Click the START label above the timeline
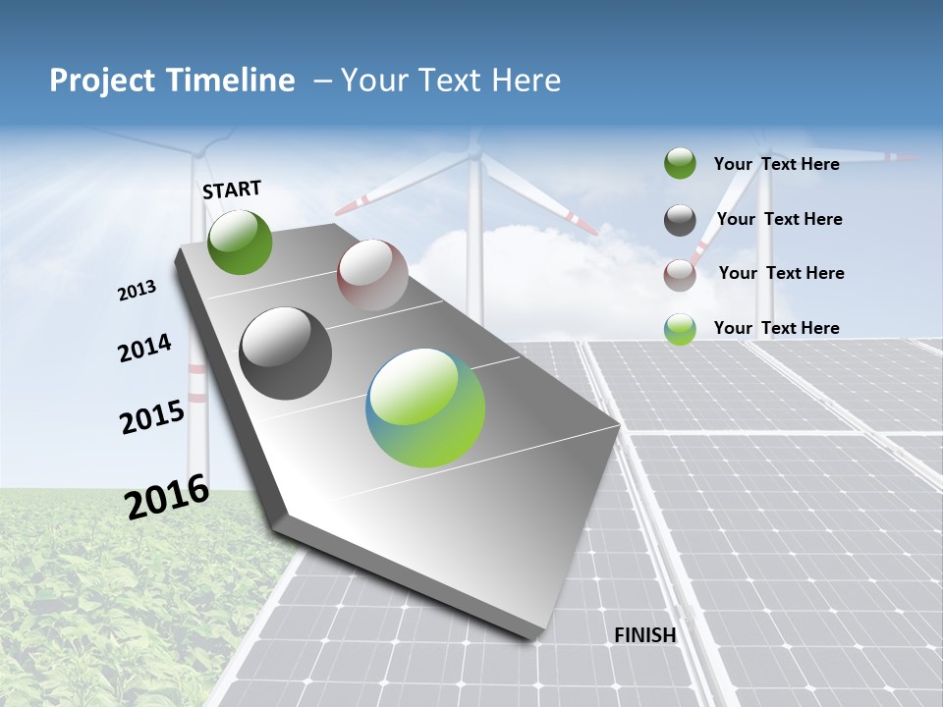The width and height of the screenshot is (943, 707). pyautogui.click(x=232, y=190)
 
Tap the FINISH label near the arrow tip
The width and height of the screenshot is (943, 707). pyautogui.click(x=645, y=635)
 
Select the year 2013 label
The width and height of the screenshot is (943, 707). pyautogui.click(x=138, y=291)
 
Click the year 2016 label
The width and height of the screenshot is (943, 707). pyautogui.click(x=167, y=496)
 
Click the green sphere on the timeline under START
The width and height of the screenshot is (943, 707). pyautogui.click(x=241, y=243)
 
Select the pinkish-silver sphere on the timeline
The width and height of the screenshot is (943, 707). pyautogui.click(x=372, y=275)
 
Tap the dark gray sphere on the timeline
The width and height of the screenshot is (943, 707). pyautogui.click(x=286, y=353)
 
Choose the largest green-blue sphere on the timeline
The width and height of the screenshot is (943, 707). pyautogui.click(x=426, y=408)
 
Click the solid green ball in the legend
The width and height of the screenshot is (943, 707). pyautogui.click(x=680, y=164)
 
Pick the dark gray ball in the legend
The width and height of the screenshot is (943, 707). pyautogui.click(x=680, y=220)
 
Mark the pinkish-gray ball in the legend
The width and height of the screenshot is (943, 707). pyautogui.click(x=680, y=275)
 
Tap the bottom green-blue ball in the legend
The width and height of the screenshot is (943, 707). pyautogui.click(x=680, y=329)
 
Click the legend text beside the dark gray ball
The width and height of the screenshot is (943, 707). pyautogui.click(x=779, y=219)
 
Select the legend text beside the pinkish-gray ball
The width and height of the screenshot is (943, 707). pyautogui.click(x=781, y=273)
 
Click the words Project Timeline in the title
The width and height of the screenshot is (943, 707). pyautogui.click(x=172, y=81)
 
